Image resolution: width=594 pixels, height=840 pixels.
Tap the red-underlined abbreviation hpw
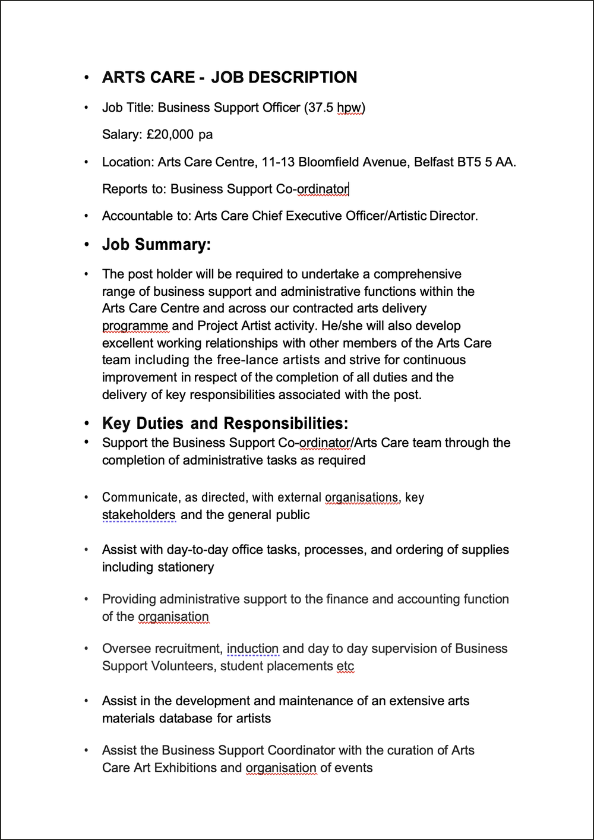349,108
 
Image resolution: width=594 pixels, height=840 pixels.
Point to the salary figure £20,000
170,135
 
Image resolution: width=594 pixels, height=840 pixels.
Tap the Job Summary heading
156,245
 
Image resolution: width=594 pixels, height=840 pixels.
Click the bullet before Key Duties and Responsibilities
87,424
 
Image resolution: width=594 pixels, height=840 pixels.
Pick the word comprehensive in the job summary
417,274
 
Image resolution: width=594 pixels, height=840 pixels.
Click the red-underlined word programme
135,326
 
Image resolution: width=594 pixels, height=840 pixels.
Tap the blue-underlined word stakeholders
139,515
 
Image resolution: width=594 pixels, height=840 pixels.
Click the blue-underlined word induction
252,649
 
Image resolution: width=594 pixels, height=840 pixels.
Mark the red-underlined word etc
345,667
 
